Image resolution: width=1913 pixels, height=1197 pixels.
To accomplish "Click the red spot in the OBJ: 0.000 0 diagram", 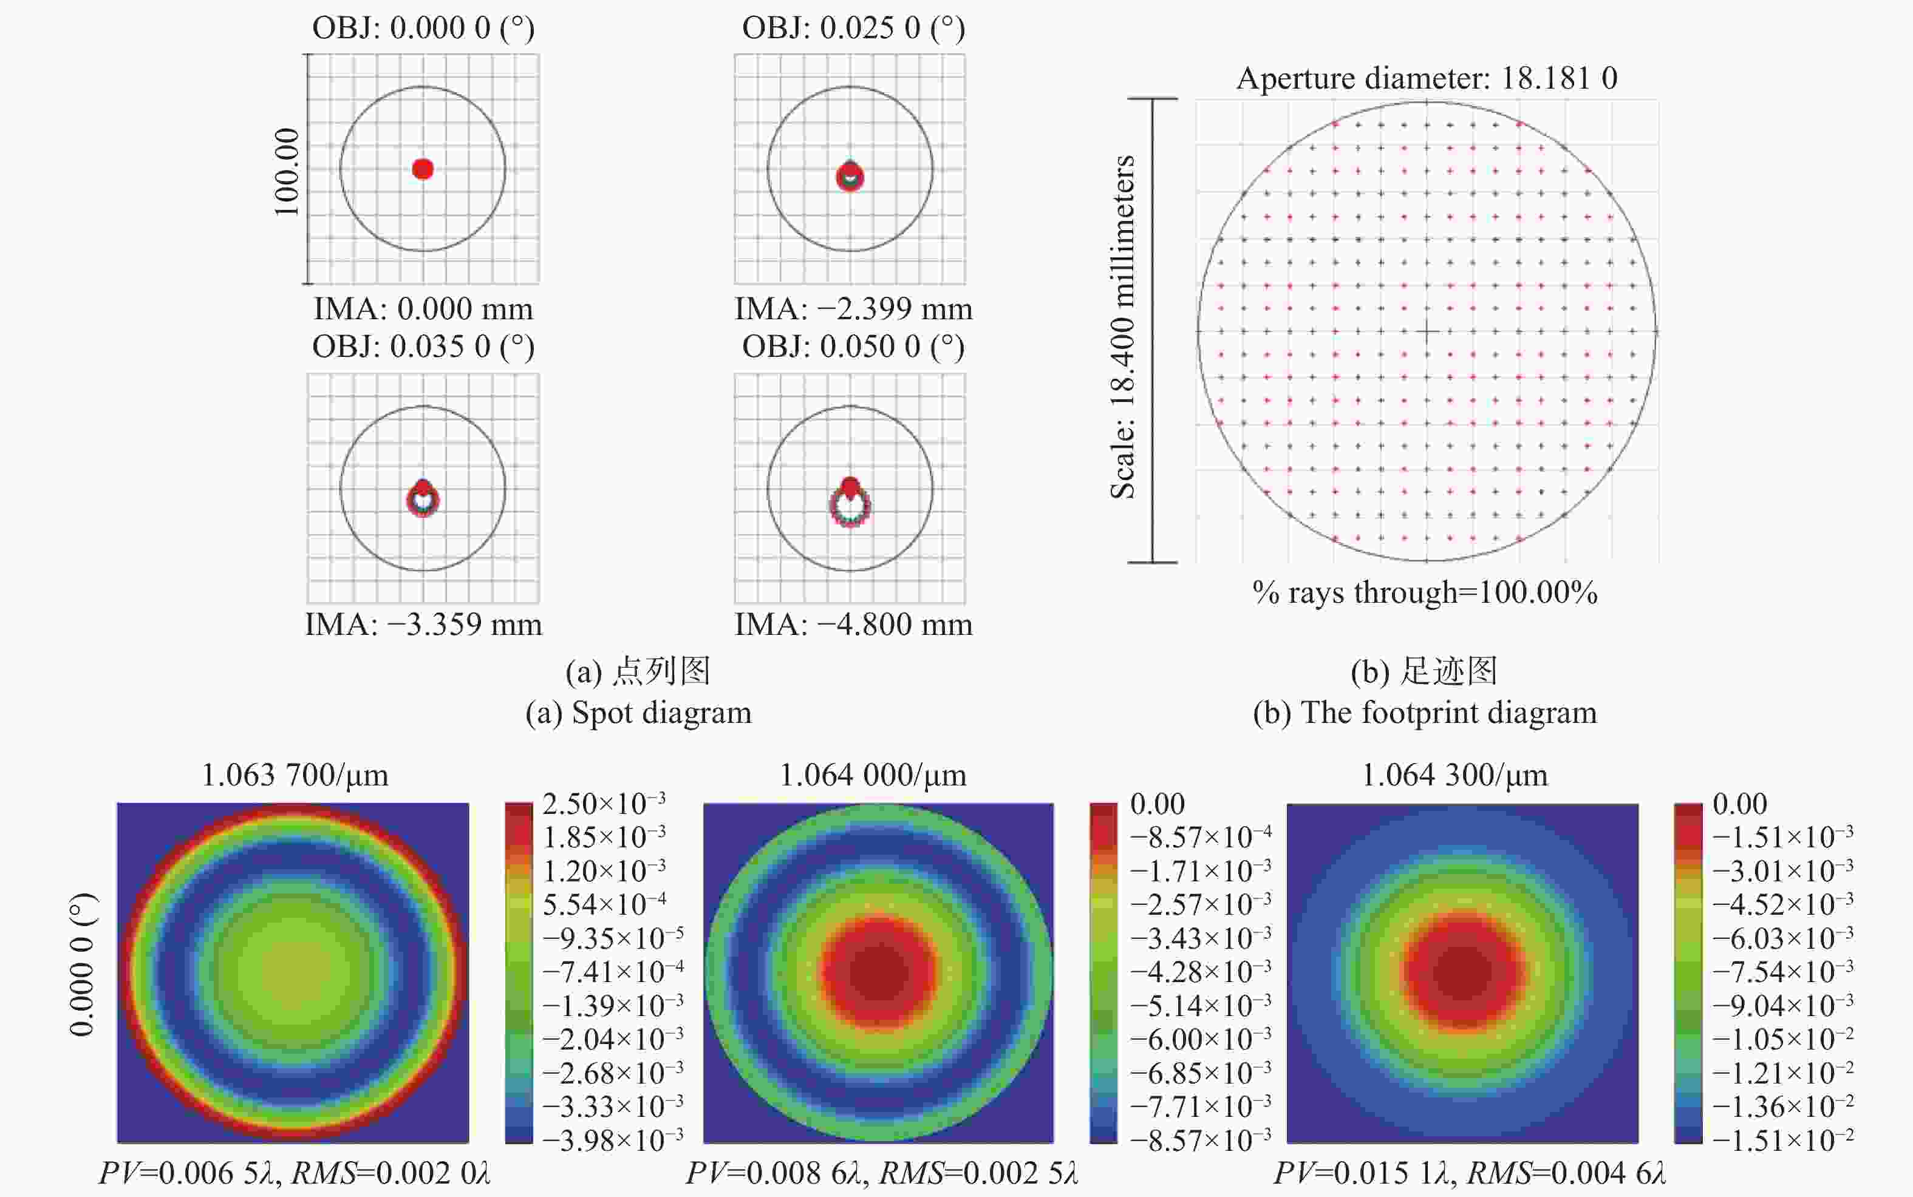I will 423,169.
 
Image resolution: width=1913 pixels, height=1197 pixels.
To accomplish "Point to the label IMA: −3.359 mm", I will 424,625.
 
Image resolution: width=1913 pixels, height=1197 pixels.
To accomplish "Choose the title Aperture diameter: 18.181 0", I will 1426,78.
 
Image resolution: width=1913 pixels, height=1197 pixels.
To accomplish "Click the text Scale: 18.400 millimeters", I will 1122,327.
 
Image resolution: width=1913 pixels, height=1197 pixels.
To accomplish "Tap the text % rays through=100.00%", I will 1425,592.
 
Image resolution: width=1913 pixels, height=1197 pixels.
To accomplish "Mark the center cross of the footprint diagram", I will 1427,331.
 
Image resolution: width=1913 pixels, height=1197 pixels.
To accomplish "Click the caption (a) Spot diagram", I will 638,713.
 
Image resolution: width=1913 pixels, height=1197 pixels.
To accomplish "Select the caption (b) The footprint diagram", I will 1425,713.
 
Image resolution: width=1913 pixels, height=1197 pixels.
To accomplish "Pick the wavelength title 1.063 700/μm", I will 295,775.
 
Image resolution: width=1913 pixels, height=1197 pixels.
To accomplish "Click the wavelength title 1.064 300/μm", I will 1454,775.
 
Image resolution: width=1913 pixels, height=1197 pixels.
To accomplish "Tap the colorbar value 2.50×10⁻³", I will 604,804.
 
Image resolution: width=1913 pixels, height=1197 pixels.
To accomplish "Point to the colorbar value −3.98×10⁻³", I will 613,1141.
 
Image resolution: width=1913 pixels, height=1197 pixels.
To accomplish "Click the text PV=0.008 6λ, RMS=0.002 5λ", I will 881,1173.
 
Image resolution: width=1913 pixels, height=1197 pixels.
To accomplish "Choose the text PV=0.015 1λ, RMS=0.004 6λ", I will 1470,1173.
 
